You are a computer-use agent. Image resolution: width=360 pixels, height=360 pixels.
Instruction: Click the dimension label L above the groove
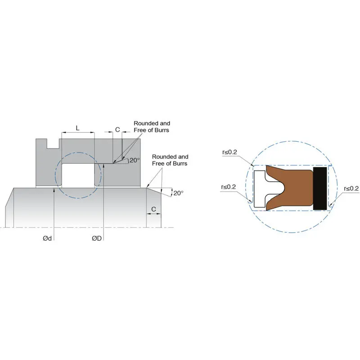click(77, 128)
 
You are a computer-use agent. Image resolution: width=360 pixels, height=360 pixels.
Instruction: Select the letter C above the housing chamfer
click(117, 130)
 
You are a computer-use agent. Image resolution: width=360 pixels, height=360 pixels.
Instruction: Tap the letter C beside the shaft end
click(154, 209)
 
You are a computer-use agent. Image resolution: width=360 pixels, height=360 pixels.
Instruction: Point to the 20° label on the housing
click(135, 160)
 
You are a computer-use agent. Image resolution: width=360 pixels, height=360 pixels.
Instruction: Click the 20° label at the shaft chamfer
click(179, 193)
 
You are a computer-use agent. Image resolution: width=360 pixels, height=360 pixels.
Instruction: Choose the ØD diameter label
click(97, 238)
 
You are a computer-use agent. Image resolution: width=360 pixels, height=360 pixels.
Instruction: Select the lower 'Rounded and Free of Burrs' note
click(170, 160)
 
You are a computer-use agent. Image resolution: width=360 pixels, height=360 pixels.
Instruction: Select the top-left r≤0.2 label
click(229, 153)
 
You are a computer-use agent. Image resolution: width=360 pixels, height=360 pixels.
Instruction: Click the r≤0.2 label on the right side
click(351, 188)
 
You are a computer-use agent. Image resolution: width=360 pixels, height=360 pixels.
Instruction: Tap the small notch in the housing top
click(53, 144)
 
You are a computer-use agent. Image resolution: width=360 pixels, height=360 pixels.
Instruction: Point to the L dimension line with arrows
click(78, 133)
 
